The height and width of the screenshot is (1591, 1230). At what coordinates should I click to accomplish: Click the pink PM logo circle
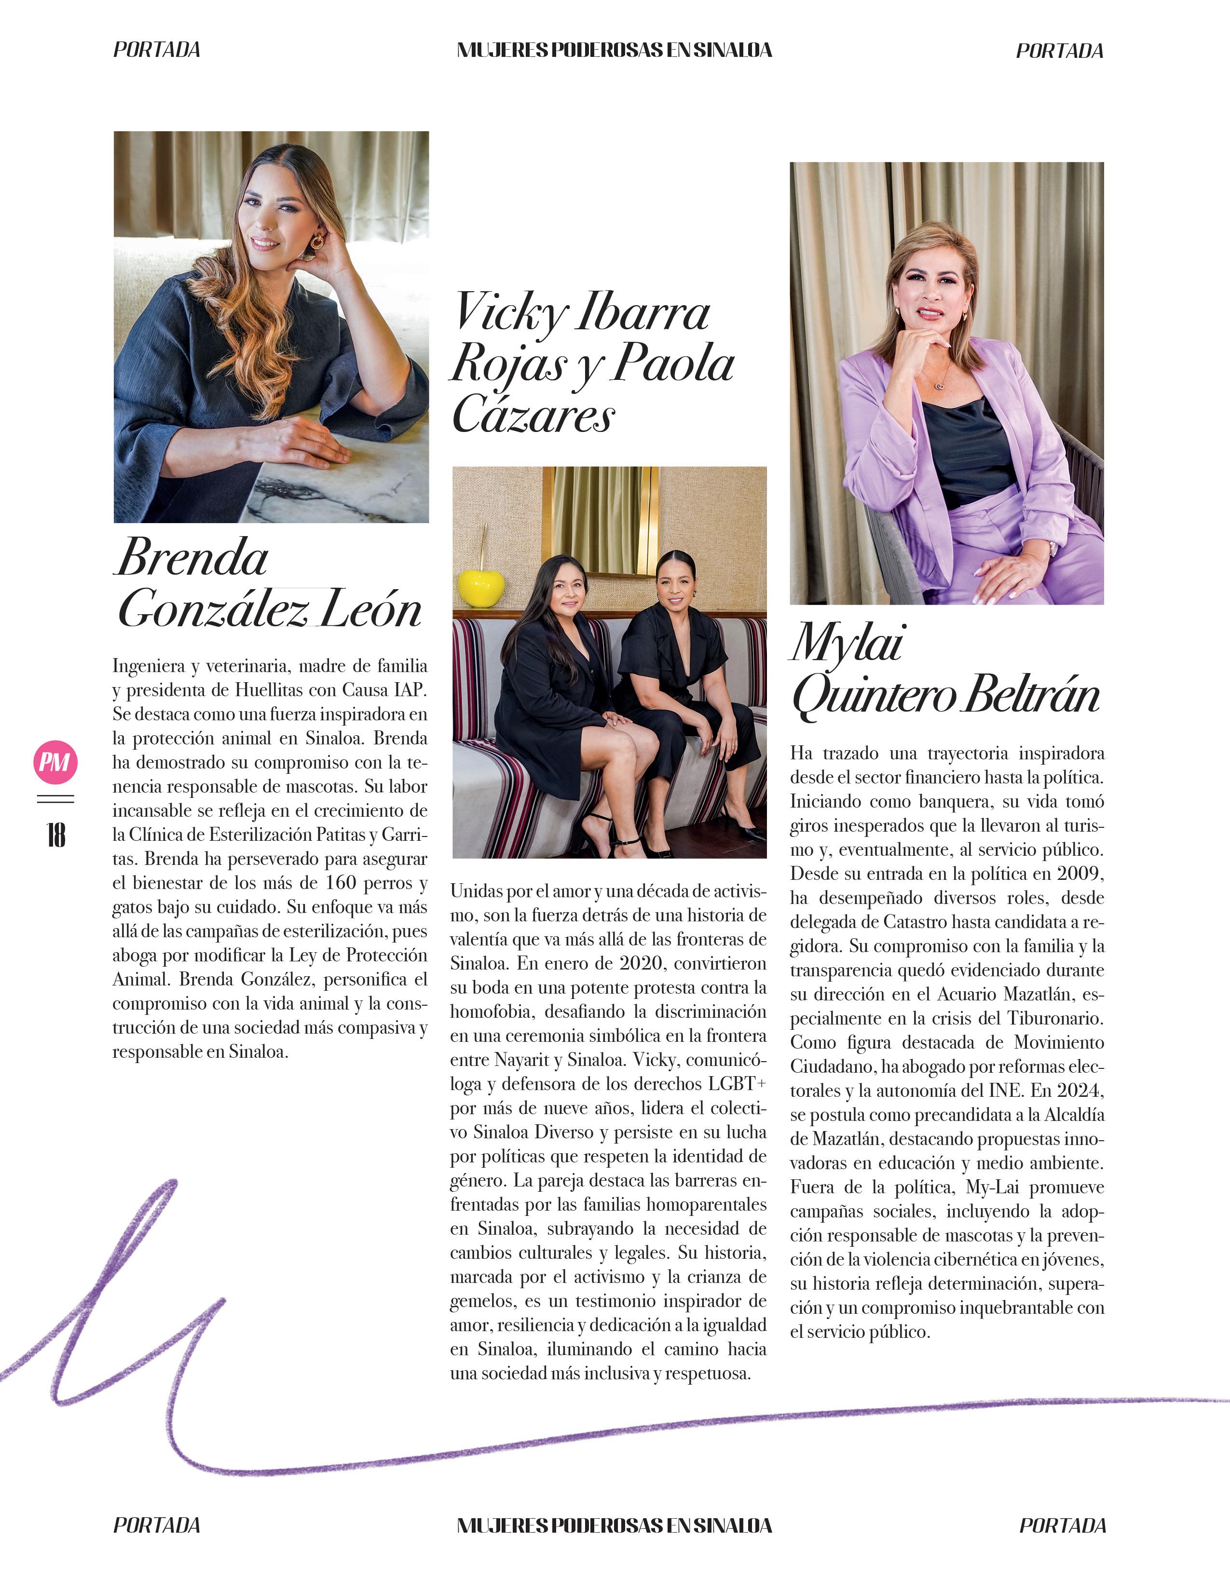[55, 762]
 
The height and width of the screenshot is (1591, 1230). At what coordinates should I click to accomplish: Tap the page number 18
[55, 835]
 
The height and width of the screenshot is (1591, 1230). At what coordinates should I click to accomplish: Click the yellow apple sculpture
[481, 586]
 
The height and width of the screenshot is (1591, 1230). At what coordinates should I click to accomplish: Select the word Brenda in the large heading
[192, 558]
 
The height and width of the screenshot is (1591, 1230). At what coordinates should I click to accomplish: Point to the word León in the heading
[371, 609]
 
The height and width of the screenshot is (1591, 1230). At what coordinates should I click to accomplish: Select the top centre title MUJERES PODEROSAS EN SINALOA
[614, 50]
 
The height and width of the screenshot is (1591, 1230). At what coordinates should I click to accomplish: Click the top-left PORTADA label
[157, 50]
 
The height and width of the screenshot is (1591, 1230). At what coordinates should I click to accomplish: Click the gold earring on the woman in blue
[318, 242]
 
